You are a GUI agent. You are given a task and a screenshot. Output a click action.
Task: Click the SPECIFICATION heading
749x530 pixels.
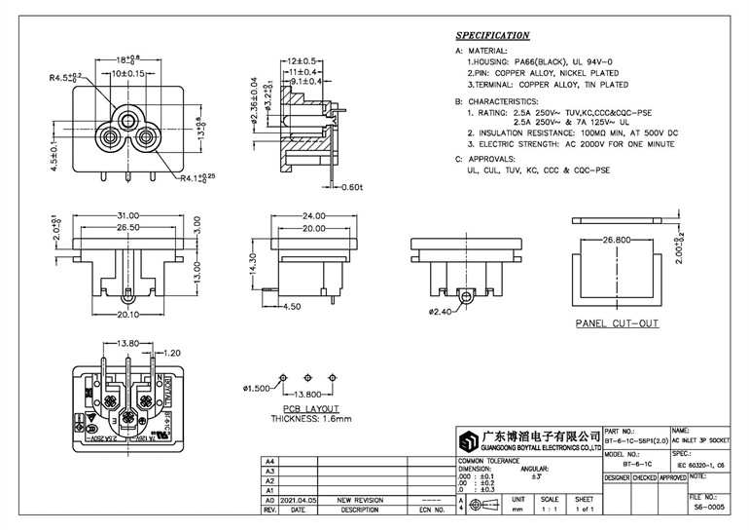click(x=492, y=34)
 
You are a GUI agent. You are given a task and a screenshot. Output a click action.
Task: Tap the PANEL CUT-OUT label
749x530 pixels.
click(x=618, y=322)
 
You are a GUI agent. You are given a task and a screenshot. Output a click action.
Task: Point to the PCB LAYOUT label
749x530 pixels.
click(x=310, y=409)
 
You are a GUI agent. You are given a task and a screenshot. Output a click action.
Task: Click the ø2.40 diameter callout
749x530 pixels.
click(x=440, y=313)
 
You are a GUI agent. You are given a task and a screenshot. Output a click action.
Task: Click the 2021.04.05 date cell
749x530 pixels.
click(x=299, y=498)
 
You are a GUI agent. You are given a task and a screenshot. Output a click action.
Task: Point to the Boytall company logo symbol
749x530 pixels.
click(x=473, y=438)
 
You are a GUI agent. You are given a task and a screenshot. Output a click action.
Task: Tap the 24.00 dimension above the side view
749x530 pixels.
click(x=312, y=215)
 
